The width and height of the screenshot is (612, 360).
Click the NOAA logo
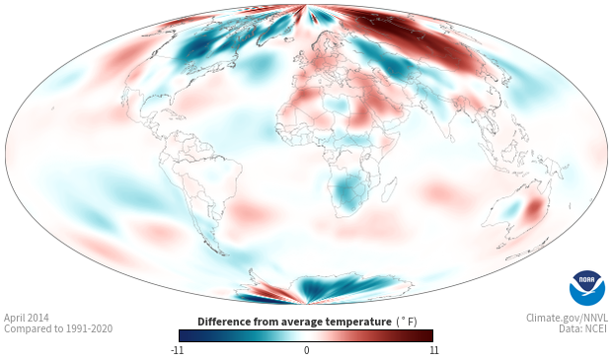click(587, 288)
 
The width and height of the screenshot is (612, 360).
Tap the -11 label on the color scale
click(177, 350)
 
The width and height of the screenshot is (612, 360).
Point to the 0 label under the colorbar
click(306, 350)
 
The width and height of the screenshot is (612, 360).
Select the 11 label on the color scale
click(433, 350)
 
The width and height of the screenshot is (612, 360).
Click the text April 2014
click(27, 318)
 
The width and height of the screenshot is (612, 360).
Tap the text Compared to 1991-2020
click(58, 328)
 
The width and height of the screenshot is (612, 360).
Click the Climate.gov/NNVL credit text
click(567, 318)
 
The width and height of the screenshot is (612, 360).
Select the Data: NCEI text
click(583, 328)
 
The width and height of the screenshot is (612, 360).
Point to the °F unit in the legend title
click(407, 322)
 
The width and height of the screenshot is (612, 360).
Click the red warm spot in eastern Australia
click(534, 208)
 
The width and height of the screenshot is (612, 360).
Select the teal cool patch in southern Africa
click(347, 190)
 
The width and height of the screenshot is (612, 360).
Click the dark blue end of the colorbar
click(186, 335)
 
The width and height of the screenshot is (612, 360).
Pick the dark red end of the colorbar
click(426, 335)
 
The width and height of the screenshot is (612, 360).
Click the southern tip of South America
click(223, 253)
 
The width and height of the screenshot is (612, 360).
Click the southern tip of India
click(450, 139)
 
